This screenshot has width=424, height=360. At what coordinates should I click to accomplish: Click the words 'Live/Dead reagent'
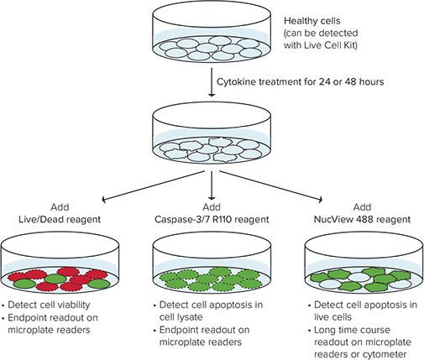click(55, 216)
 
